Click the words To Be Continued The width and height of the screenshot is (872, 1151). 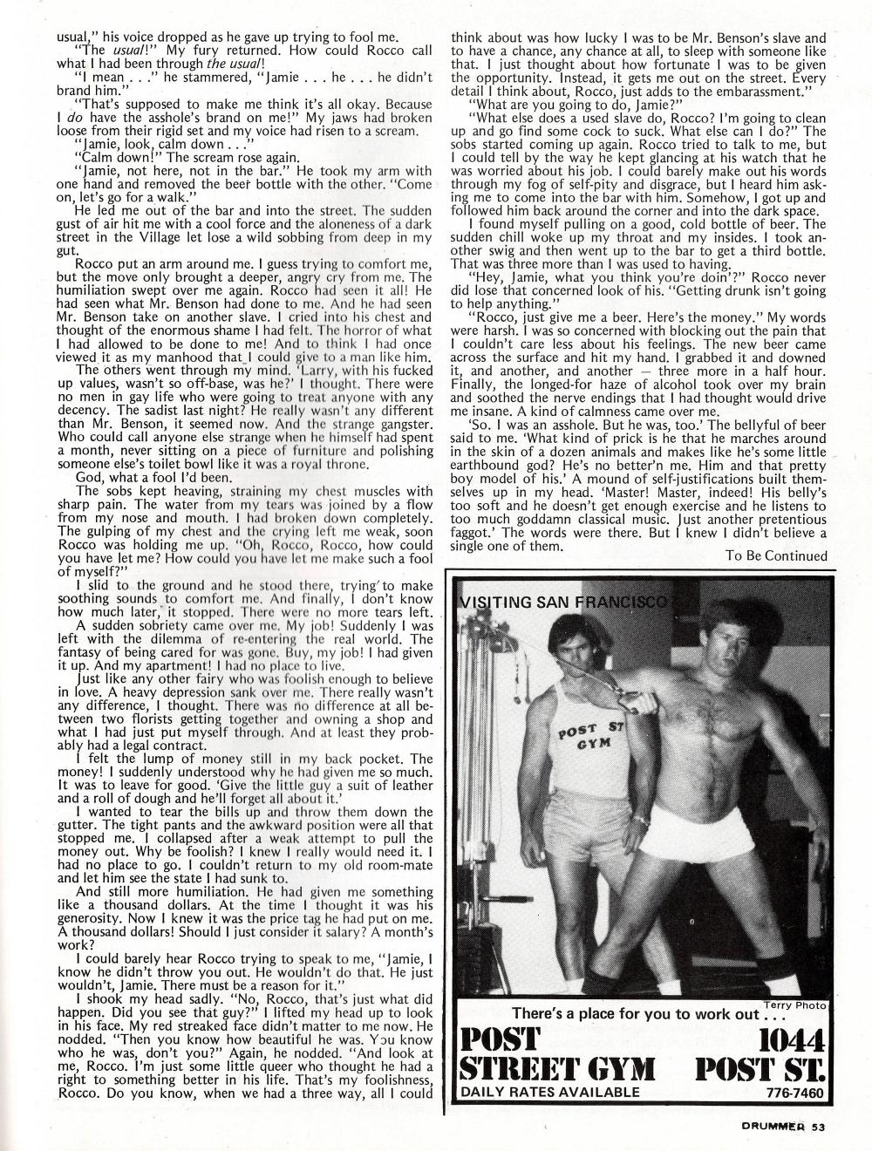point(775,555)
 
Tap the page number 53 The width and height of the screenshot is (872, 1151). point(817,1127)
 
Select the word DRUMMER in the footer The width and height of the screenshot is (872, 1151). point(769,1127)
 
